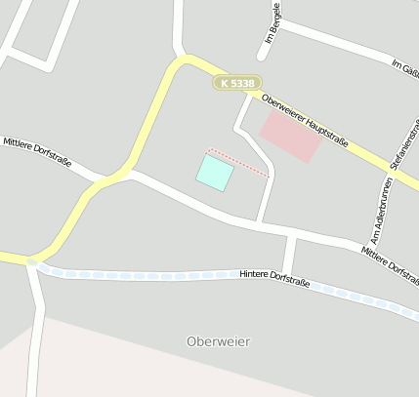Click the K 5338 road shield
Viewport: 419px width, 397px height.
coord(236,84)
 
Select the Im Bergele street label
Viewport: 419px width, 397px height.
coord(272,29)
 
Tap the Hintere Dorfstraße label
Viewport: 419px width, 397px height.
coord(273,281)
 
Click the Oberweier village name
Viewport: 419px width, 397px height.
coord(218,341)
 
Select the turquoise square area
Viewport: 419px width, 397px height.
coord(215,173)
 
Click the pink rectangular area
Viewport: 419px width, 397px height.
coord(291,136)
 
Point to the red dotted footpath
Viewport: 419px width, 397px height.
coord(238,163)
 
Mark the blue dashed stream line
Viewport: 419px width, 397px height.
coord(147,275)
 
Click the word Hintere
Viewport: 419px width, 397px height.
coord(256,279)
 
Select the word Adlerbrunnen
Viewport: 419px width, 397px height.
coord(380,198)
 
